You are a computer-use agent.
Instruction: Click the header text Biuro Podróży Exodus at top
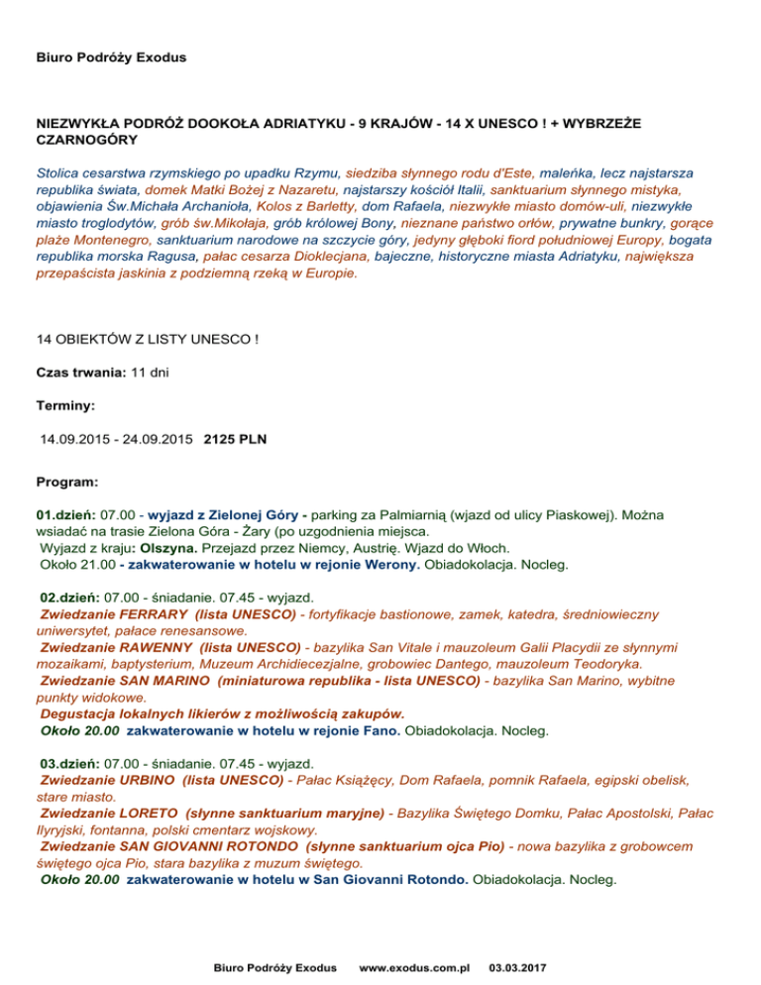pyautogui.click(x=111, y=57)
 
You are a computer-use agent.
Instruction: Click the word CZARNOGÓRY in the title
pyautogui.click(x=79, y=141)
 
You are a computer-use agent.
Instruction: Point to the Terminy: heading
pyautogui.click(x=65, y=406)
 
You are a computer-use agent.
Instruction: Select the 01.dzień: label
pyautogui.click(x=66, y=515)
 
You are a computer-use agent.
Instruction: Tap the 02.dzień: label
pyautogui.click(x=68, y=599)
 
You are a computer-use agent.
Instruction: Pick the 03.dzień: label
pyautogui.click(x=68, y=764)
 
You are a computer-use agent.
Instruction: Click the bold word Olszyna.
pyautogui.click(x=168, y=548)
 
